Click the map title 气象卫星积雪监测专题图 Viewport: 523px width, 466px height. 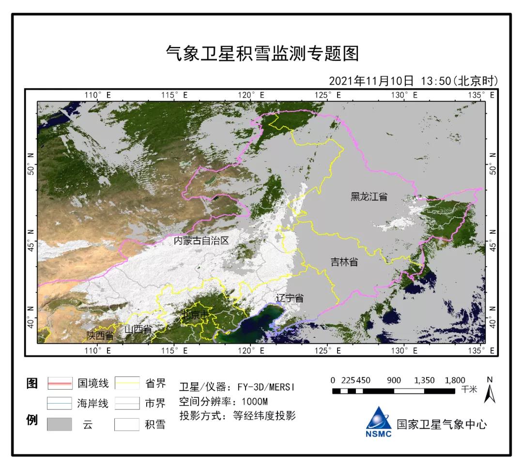pos(262,54)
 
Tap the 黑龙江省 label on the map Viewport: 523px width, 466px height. pos(369,196)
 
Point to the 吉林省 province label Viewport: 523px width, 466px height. pos(344,262)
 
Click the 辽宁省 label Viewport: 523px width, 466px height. pos(290,298)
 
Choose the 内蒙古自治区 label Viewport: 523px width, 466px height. pos(201,241)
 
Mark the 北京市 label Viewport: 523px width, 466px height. pos(196,315)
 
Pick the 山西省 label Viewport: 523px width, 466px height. pos(138,330)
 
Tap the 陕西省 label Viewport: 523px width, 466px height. pos(100,335)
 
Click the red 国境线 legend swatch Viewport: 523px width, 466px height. pos(60,384)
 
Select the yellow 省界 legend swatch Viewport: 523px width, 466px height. pos(127,384)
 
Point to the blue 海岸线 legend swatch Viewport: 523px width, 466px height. pos(60,403)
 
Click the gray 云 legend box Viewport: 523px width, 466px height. pos(60,424)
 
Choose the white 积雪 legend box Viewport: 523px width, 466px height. pos(127,424)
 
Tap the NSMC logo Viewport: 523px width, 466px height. pos(379,421)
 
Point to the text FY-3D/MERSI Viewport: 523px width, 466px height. pos(266,387)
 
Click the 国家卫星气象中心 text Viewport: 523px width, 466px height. pos(442,424)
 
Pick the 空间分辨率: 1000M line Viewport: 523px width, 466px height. pos(223,402)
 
